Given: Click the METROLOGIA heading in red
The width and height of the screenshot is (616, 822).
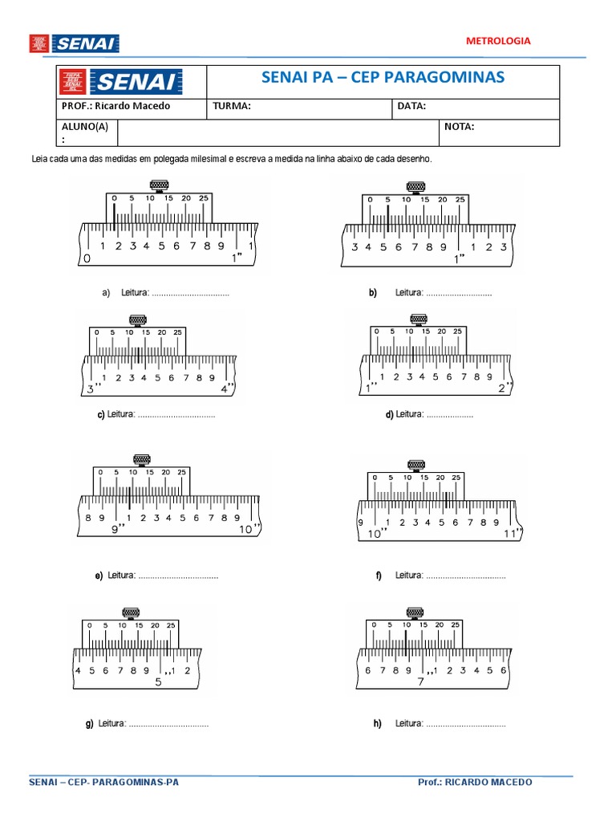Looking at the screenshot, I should [x=498, y=40].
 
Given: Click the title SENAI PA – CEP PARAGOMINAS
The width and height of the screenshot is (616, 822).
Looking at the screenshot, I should [x=383, y=77].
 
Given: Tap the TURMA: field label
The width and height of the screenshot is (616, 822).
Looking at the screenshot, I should [x=232, y=106].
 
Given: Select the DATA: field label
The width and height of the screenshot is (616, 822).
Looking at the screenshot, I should [x=411, y=106].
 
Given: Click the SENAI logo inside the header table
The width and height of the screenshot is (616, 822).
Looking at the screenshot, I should [x=134, y=81].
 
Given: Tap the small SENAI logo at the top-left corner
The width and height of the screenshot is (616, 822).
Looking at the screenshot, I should [x=74, y=43].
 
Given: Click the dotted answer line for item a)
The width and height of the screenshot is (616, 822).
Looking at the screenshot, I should [x=190, y=294].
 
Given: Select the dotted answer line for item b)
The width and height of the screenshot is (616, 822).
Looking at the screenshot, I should [x=459, y=294].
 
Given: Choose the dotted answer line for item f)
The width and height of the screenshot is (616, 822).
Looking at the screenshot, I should [x=465, y=576].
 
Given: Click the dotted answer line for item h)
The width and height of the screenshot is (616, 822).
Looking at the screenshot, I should [x=465, y=724].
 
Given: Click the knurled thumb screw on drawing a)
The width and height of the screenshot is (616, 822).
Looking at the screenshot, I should [x=158, y=187].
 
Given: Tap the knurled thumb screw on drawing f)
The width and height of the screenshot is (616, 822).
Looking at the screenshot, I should [x=415, y=465].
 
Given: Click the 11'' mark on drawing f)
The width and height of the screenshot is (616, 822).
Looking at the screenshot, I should [x=511, y=533].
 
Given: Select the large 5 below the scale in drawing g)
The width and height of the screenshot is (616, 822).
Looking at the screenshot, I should [x=158, y=682].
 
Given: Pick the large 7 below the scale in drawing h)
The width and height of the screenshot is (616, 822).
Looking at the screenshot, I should [x=420, y=682].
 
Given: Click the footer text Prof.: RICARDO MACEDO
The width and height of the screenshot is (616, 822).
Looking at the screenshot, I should [x=475, y=782].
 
